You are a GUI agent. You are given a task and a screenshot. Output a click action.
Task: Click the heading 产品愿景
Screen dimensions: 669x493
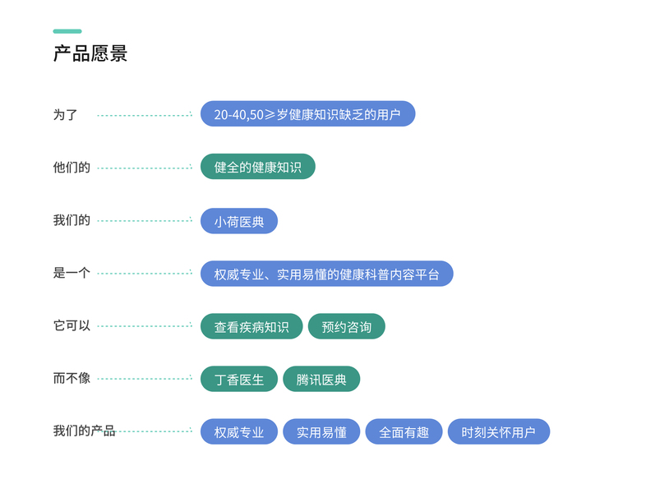click(90, 54)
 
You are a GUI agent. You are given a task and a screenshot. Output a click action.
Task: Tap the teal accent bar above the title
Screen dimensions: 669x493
click(67, 31)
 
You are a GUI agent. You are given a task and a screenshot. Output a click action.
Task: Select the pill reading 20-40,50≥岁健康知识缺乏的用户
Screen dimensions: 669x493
click(307, 114)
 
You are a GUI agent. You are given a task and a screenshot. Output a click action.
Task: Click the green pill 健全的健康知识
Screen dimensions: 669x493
click(257, 167)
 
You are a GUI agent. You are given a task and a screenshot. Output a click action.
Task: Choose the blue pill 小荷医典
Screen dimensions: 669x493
click(239, 221)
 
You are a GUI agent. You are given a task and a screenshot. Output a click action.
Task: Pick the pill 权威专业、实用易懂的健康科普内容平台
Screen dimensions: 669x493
click(326, 274)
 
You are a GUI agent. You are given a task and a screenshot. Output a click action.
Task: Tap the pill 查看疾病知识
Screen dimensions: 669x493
click(251, 326)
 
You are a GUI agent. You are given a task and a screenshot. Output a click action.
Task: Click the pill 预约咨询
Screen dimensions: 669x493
click(346, 326)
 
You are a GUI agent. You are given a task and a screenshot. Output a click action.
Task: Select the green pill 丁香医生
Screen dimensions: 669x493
click(239, 379)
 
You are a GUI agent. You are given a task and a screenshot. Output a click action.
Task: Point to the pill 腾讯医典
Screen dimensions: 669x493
click(321, 379)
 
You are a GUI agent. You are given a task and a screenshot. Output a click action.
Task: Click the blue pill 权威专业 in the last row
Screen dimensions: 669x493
click(239, 431)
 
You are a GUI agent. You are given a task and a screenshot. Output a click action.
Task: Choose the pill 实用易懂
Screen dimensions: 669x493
click(321, 431)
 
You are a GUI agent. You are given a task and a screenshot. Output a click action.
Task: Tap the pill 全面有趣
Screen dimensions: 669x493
click(404, 431)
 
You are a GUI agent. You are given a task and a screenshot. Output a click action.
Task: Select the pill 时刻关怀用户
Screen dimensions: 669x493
click(498, 431)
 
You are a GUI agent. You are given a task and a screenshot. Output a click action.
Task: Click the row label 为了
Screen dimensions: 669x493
click(65, 115)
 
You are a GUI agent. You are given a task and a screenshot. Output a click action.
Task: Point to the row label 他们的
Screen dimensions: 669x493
click(72, 168)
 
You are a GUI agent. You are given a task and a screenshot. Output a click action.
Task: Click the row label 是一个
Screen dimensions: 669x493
click(72, 273)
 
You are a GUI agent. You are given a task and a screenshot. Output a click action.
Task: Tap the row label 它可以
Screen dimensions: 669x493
click(72, 325)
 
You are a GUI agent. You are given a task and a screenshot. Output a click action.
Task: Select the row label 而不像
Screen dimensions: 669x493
click(72, 379)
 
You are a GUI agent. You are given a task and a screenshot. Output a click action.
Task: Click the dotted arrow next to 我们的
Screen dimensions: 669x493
click(145, 220)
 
